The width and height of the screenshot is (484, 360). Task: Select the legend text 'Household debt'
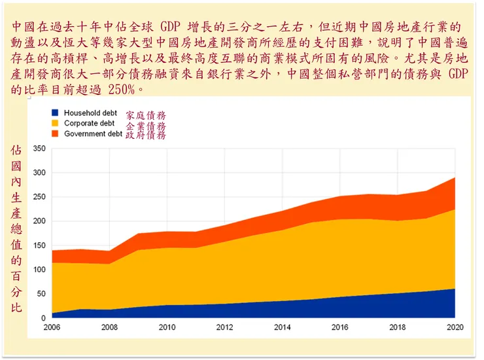pos(90,113)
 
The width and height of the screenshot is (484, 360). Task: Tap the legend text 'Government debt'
pos(93,134)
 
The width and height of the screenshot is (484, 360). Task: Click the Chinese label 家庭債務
pos(145,115)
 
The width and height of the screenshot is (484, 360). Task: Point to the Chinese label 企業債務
pos(145,126)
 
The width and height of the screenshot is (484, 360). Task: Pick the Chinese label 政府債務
pos(145,135)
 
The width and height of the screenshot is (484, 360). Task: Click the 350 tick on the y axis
pos(39,149)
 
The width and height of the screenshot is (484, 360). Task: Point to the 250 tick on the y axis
pos(39,197)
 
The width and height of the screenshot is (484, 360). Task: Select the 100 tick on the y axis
pos(39,270)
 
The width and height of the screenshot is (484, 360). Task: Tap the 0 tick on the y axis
pos(43,318)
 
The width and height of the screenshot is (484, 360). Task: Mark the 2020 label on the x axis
pos(455,327)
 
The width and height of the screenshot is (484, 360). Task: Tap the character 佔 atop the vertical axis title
pos(17,151)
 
